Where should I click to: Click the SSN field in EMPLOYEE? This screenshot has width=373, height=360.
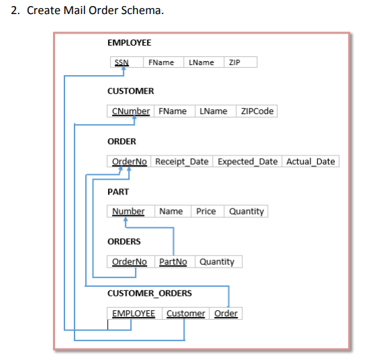[121, 62]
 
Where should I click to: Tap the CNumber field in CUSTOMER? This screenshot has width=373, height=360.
[131, 111]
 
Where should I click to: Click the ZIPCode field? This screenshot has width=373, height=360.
[257, 111]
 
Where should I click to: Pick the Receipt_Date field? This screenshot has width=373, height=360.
[182, 162]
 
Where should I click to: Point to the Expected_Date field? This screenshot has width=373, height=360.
[248, 162]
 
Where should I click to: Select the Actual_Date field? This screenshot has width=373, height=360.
[310, 162]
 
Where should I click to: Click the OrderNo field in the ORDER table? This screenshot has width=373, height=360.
[129, 162]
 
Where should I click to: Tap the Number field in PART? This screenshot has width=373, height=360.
[128, 211]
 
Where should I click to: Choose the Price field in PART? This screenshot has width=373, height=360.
[206, 211]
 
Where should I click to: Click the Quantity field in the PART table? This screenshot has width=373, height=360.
[246, 211]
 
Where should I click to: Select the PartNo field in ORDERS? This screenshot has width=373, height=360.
[173, 261]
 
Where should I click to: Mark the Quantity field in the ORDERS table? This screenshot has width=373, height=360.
[217, 261]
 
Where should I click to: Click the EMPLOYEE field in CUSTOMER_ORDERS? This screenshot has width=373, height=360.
[133, 314]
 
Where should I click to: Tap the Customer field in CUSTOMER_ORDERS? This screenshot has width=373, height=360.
[186, 314]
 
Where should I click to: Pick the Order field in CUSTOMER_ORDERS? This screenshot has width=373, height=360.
[225, 314]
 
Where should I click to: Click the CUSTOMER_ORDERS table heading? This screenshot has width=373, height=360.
[150, 293]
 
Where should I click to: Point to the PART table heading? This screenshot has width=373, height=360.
[118, 192]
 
